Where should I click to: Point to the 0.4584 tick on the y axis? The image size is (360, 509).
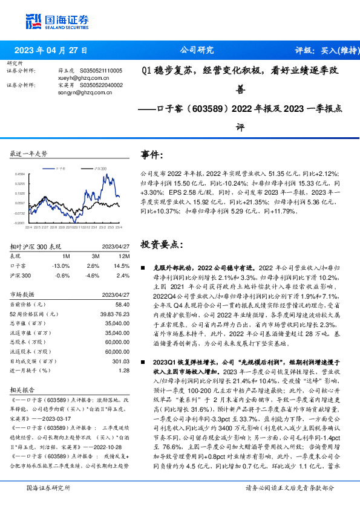click(x=19, y=174)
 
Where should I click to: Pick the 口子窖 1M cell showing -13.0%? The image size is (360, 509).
click(x=61, y=265)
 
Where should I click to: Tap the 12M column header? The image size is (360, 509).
click(x=117, y=256)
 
